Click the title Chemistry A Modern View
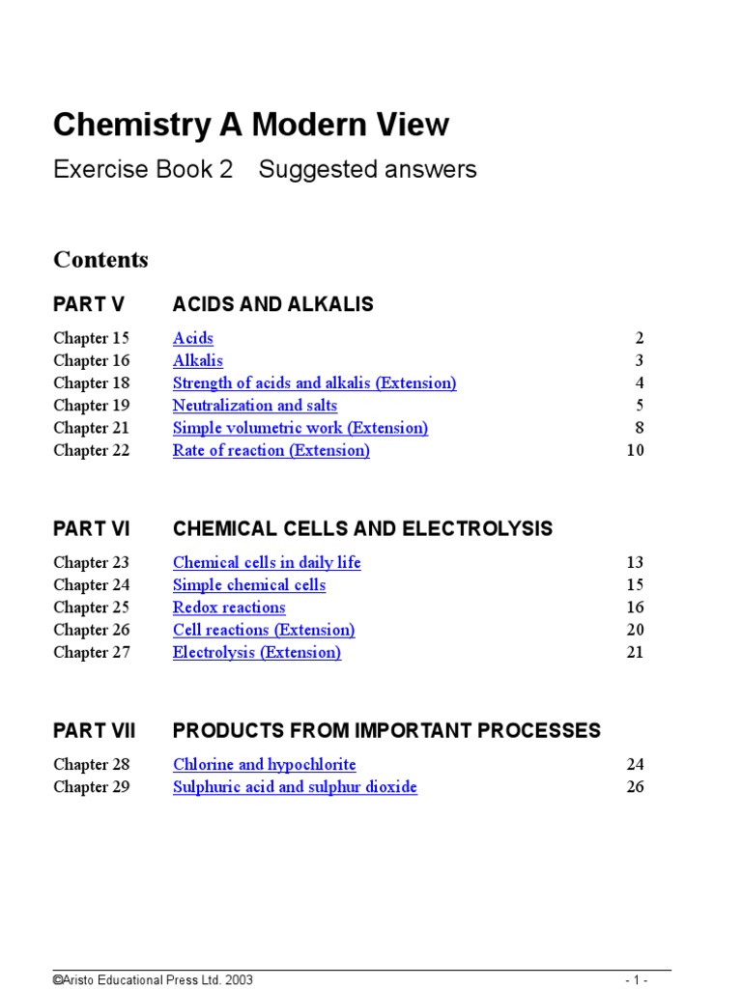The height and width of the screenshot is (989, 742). pos(251,125)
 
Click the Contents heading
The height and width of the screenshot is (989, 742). pos(100,260)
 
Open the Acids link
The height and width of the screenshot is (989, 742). pos(193,338)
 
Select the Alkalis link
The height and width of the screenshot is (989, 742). pos(198,360)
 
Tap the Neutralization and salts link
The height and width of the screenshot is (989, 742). pos(255,406)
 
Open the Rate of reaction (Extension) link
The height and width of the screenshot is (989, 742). pos(271,450)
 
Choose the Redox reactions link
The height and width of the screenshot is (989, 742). pos(229,608)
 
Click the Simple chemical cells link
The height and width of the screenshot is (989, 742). pos(249,585)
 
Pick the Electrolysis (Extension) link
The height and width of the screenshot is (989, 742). pos(257,652)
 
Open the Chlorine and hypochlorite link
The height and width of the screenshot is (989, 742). pos(265,765)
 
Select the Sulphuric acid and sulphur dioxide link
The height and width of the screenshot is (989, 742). pos(295,787)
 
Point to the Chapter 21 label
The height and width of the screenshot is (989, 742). pos(92,428)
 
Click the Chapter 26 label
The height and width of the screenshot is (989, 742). pos(92,630)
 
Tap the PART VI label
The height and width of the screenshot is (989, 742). pos(92,529)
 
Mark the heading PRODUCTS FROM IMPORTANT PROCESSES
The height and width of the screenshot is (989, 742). pos(386,731)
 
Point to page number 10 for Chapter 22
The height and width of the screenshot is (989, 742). pos(635,450)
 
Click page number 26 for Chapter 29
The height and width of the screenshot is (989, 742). pos(635,787)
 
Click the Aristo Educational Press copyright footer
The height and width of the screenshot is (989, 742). pos(153,979)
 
